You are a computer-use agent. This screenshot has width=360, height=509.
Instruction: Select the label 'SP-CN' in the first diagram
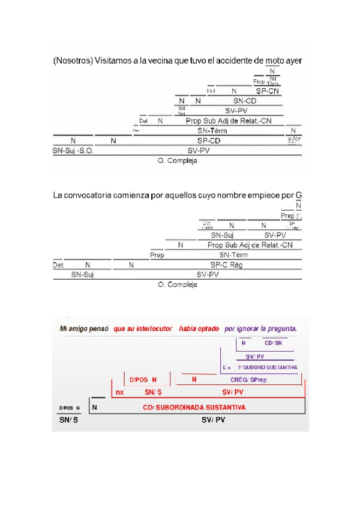268,91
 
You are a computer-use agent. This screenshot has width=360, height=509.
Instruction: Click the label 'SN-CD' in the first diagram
245,101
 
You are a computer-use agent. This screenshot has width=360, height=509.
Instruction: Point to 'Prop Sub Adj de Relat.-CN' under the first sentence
229,121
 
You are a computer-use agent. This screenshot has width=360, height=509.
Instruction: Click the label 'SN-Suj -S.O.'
73,151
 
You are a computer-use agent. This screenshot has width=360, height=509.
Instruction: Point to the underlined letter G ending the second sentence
299,195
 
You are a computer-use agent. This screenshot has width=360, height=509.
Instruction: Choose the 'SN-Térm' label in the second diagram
233,255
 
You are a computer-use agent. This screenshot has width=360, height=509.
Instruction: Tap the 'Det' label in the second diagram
58,265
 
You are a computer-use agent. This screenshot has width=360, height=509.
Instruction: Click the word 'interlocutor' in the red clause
151,329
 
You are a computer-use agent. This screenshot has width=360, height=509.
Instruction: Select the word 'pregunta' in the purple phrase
280,329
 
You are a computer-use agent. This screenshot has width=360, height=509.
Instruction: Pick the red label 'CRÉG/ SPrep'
250,379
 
